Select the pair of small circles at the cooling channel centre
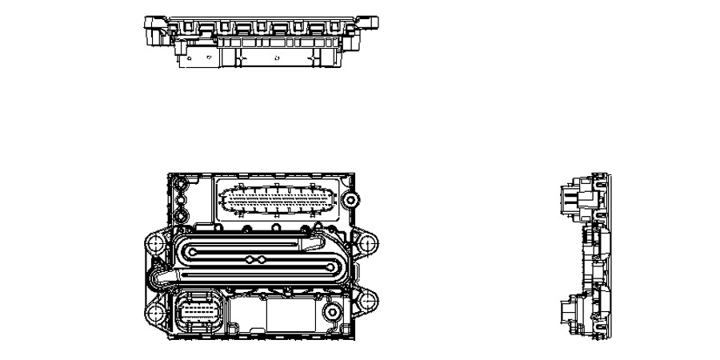pyautogui.click(x=256, y=259)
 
